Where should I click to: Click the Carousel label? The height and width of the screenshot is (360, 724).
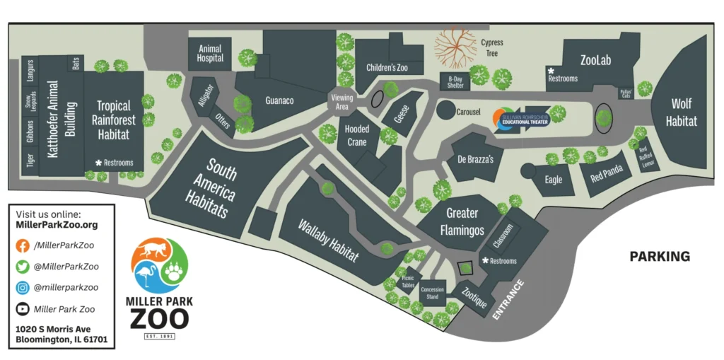pos(469,112)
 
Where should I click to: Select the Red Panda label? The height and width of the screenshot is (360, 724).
pos(606,175)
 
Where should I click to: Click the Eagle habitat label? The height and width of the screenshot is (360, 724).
pos(554,180)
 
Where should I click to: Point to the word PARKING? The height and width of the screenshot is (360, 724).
pos(660,256)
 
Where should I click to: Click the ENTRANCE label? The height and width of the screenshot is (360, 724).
pos(508,300)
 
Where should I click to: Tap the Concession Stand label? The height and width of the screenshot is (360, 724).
pos(432,294)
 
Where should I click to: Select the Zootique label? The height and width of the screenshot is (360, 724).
pos(474,296)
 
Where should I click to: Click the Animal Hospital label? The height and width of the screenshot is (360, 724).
pos(210,54)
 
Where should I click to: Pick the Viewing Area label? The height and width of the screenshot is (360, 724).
pos(341,102)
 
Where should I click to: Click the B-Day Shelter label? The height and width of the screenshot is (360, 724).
pos(456,82)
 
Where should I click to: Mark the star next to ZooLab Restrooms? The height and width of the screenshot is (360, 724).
pos(550,71)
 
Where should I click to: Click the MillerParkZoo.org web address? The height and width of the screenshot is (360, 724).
pos(57,225)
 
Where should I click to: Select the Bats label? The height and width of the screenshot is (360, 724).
pos(76,63)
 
